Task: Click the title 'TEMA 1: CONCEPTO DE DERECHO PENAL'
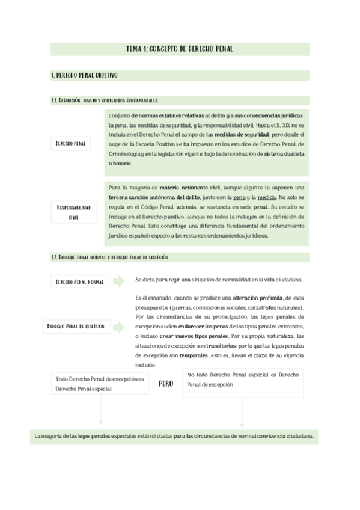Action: pos(180,49)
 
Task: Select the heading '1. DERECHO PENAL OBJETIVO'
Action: pos(84,76)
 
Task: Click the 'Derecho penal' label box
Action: pos(70,144)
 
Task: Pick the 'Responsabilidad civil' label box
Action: pos(73,211)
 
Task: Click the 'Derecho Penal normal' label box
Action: pos(79,281)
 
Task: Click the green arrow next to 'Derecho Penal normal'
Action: pos(118,281)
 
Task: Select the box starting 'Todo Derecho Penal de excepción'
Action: pos(100,384)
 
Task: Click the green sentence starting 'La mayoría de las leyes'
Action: pos(174,436)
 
